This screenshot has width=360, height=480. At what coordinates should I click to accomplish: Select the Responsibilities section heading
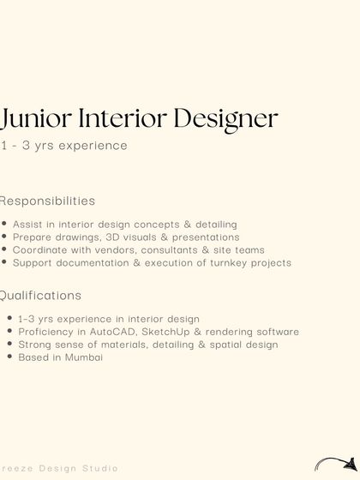pyautogui.click(x=47, y=201)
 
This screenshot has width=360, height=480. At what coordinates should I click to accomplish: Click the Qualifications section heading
pyautogui.click(x=40, y=295)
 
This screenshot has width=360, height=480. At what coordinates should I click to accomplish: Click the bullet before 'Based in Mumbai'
pyautogui.click(x=9, y=357)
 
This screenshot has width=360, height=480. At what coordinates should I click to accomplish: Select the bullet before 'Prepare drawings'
pyautogui.click(x=4, y=237)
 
